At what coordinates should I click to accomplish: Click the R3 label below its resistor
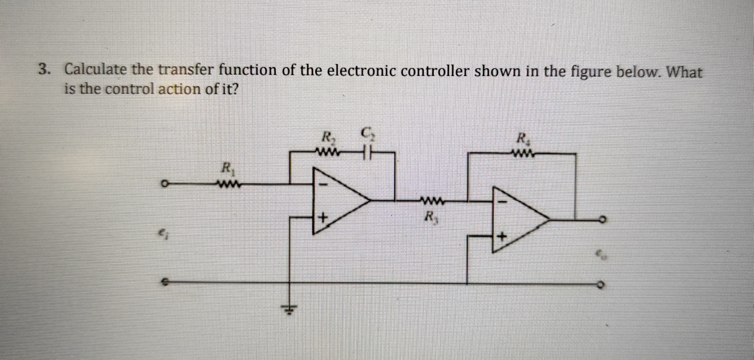click(431, 216)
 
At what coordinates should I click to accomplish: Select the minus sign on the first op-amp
click(324, 184)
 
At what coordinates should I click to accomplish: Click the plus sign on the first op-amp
click(323, 217)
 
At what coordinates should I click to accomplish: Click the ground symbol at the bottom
click(289, 310)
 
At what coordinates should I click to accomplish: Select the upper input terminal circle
click(166, 183)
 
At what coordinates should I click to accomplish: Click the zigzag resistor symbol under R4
click(522, 153)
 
